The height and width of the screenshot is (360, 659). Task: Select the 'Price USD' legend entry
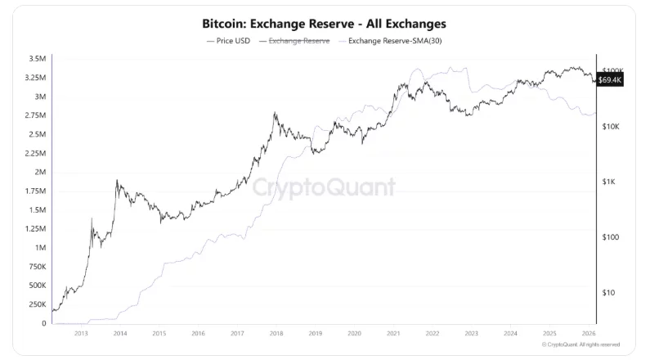tap(230, 40)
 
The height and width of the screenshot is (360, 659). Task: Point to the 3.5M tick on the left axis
tap(36, 60)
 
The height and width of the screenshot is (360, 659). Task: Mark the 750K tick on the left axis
tap(36, 267)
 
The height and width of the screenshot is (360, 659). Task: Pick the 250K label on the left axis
tap(36, 304)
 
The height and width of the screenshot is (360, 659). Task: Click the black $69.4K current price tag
tap(610, 79)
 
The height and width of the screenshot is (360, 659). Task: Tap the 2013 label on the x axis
tap(81, 334)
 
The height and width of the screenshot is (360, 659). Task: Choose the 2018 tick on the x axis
tap(276, 334)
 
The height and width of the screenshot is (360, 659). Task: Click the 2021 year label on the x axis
tap(393, 334)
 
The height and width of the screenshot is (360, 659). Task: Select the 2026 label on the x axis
tap(588, 334)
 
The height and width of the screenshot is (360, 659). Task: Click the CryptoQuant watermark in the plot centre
tap(324, 187)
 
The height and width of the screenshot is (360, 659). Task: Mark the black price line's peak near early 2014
tap(117, 181)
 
